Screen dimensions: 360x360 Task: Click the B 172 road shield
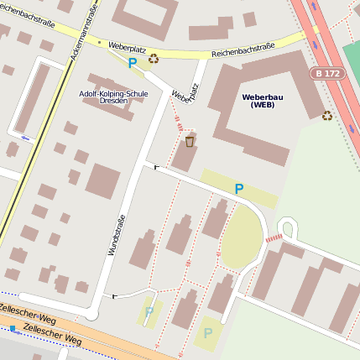pyautogui.click(x=329, y=74)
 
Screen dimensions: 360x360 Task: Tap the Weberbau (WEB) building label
pyautogui.click(x=262, y=101)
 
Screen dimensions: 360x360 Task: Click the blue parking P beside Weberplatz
pyautogui.click(x=132, y=61)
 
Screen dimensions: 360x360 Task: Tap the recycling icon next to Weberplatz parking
pyautogui.click(x=154, y=59)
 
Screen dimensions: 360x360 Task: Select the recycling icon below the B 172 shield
pyautogui.click(x=326, y=116)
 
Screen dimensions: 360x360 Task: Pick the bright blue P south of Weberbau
pyautogui.click(x=239, y=189)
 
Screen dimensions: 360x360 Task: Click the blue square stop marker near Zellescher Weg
pyautogui.click(x=13, y=328)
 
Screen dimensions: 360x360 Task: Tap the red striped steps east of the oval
pyautogui.click(x=274, y=239)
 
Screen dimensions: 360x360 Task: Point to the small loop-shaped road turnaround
pyautogui.click(x=288, y=227)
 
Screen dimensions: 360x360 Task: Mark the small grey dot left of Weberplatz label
pyautogui.click(x=100, y=41)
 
